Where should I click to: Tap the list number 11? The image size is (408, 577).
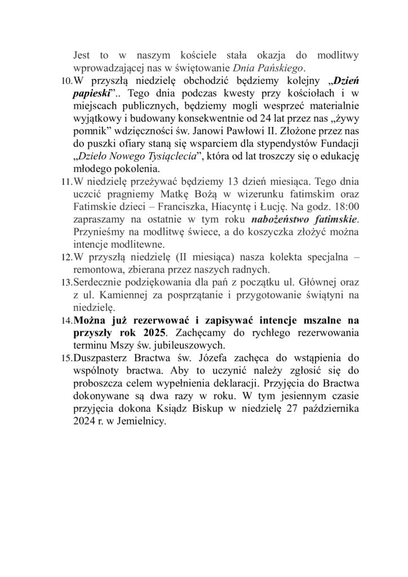point(66,183)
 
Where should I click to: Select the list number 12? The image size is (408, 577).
point(66,258)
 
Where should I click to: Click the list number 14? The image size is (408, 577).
point(66,320)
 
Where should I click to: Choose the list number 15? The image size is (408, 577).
point(66,357)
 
